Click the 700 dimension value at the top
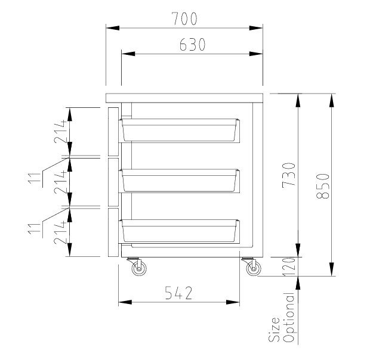(184, 19)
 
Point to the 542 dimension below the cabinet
(178, 293)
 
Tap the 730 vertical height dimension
(288, 175)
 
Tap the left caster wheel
(139, 269)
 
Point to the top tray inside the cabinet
(180, 130)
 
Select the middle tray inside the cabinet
(180, 180)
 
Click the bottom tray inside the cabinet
(180, 231)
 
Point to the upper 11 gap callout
(37, 177)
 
